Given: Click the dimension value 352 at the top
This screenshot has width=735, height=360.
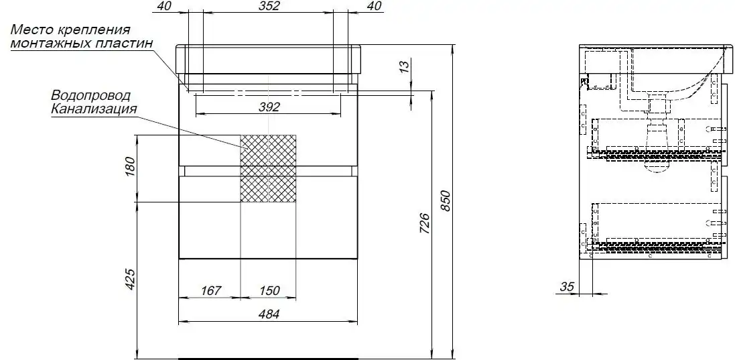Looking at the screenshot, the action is click(269, 6).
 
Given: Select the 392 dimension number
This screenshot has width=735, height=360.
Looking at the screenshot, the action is click(269, 107).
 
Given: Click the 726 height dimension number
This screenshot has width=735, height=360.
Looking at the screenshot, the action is click(424, 224).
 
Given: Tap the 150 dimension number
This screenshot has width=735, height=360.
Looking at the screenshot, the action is click(269, 291).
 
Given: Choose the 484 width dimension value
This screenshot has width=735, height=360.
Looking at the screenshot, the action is click(269, 314).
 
